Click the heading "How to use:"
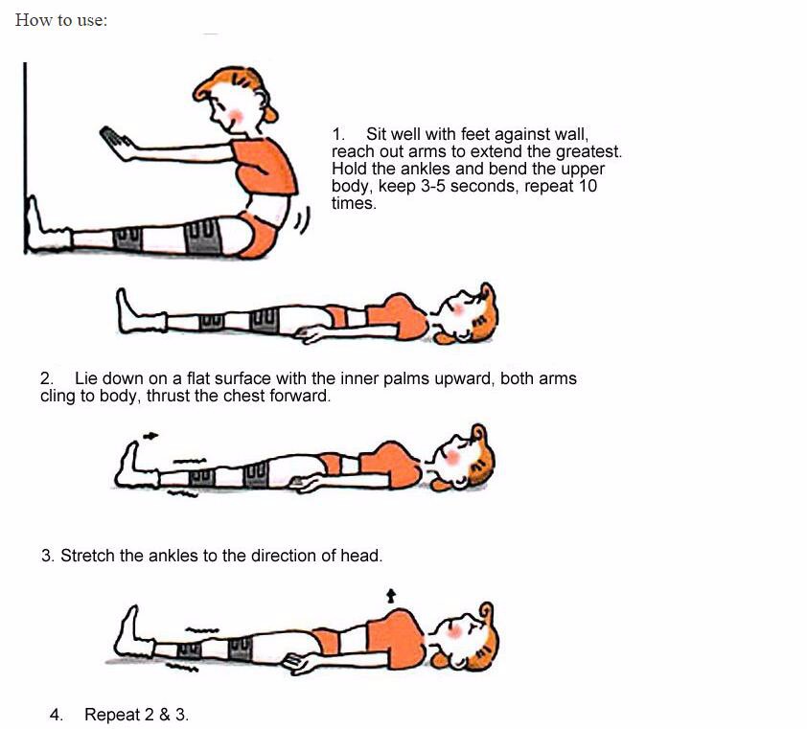tap(61, 20)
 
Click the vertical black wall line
tap(25, 158)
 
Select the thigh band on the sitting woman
tap(202, 237)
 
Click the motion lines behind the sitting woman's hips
tap(303, 220)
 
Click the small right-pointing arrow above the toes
tap(150, 436)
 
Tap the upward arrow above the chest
tap(391, 596)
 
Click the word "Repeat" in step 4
tap(112, 715)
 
